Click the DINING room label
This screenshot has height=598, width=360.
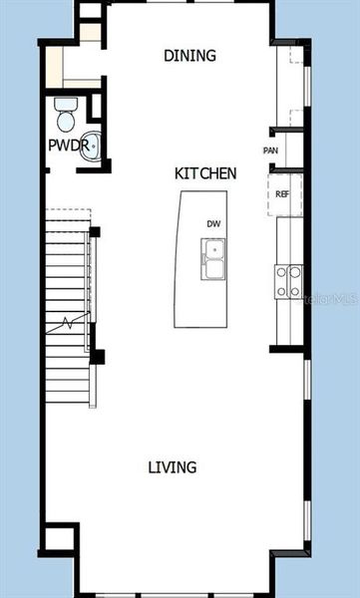(x=189, y=56)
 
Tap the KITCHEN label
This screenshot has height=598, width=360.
(x=205, y=173)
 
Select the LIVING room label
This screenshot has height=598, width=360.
(x=173, y=466)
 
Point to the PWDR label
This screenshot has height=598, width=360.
(x=64, y=146)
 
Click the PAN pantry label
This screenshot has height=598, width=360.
(x=270, y=150)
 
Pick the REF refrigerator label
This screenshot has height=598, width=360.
(x=282, y=194)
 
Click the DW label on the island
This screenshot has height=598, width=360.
(x=213, y=224)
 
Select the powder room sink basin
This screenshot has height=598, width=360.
(x=90, y=146)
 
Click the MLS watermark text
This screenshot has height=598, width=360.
(x=336, y=297)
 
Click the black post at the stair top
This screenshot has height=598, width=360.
(x=96, y=232)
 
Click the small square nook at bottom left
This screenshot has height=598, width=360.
(x=59, y=539)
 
